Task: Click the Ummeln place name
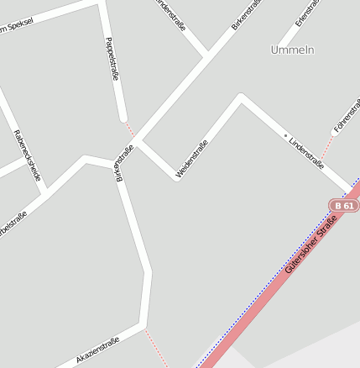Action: [x=292, y=50]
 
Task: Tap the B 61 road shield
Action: [x=342, y=205]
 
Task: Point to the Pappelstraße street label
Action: [x=112, y=59]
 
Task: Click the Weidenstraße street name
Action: [x=192, y=159]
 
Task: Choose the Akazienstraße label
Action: [x=97, y=350]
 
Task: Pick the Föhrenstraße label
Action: [x=346, y=116]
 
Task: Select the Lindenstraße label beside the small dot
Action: [x=306, y=152]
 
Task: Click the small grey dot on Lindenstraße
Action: [x=285, y=135]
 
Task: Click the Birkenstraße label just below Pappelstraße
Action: [x=123, y=164]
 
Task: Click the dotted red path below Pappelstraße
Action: [x=129, y=128]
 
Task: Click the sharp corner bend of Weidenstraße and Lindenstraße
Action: [x=241, y=98]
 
